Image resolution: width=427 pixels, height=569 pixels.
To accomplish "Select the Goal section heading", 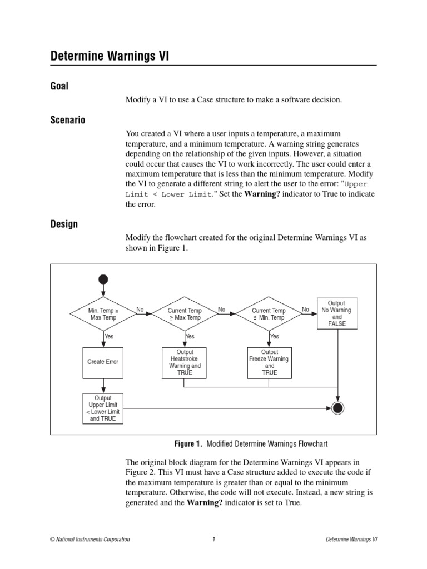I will pos(59,86).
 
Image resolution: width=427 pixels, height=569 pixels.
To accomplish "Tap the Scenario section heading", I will pos(68,120).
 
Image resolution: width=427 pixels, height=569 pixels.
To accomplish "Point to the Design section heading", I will pos(64,224).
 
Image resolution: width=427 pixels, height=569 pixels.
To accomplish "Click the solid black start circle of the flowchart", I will pos(103,279).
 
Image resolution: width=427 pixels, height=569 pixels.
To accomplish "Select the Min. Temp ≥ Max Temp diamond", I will pos(103,314).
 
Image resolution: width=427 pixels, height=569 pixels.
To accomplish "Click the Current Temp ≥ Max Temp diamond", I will pos(185,314).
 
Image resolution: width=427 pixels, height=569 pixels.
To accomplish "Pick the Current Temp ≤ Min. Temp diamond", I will pos(269,314).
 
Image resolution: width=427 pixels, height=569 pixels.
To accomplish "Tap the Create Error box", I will pos(103,362).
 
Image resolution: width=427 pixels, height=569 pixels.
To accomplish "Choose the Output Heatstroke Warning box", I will pos(185,362).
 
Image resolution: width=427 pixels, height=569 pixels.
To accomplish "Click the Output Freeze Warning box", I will pos(270,362).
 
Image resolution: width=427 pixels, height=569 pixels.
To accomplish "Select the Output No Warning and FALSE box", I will pos(336,313).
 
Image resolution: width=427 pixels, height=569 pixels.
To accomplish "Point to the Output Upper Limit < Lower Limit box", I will pos(103,408).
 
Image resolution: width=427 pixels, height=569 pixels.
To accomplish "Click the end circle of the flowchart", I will pos(337,409).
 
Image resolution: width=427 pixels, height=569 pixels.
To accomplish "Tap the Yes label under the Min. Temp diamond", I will pos(109,337).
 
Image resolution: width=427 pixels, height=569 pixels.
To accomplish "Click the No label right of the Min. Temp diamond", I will pos(140,310).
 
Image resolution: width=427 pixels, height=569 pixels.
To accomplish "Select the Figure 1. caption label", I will pos(188,444).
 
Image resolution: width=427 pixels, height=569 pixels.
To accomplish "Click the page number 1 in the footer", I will pos(213,540).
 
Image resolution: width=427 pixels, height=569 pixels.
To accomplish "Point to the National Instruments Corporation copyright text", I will pos(90,540).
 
